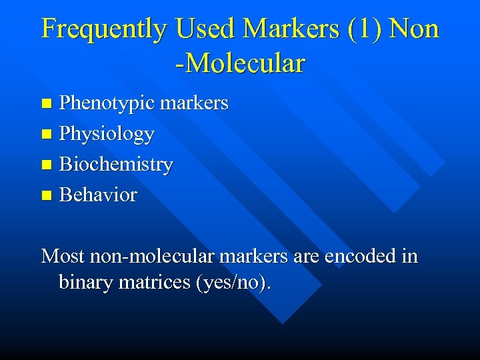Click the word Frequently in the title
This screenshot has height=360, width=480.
[x=104, y=29]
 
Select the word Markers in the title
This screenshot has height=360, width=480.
[x=291, y=29]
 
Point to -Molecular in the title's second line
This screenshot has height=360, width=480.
[x=240, y=64]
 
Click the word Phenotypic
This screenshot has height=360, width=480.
[x=106, y=103]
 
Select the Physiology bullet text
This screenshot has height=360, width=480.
[x=107, y=134]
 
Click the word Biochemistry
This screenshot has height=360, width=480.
[x=116, y=164]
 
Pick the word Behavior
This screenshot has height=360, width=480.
[x=98, y=195]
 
